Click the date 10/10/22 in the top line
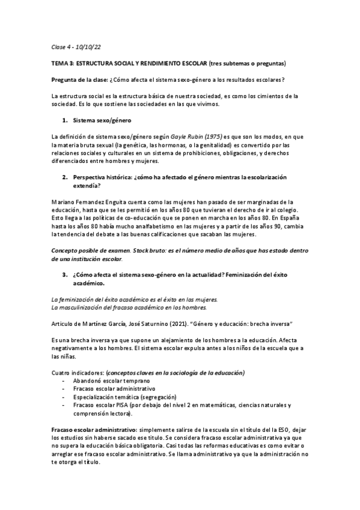89,46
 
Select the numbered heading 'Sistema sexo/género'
101,121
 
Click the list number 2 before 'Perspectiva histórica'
64,178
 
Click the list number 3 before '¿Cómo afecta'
64,275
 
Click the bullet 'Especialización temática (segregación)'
124,398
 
